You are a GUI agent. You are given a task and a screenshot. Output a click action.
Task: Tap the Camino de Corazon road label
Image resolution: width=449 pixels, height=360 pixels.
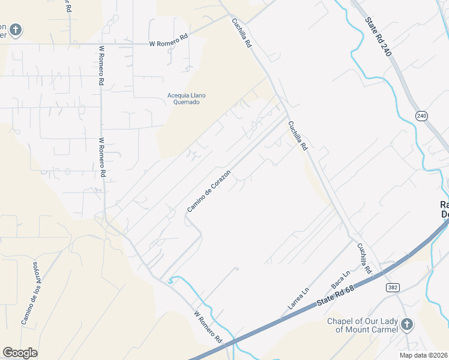209,190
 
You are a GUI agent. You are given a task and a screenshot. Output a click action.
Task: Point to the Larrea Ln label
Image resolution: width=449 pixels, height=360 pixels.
298,298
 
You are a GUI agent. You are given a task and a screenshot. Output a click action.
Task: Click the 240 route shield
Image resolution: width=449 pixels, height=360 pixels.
421,116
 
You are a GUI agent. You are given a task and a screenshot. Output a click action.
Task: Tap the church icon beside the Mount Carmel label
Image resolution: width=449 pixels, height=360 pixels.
407,325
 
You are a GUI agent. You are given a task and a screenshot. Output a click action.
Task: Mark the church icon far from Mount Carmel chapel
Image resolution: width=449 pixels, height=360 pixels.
15,29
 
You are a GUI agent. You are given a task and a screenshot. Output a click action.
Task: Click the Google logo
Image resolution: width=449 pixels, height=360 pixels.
20,352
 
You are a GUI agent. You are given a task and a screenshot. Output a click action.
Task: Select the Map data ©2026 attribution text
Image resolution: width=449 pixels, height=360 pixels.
424,355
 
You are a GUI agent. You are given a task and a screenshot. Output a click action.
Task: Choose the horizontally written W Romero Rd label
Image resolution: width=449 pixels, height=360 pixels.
169,44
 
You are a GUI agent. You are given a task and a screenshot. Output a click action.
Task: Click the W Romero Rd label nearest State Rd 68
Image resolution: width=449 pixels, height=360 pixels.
208,327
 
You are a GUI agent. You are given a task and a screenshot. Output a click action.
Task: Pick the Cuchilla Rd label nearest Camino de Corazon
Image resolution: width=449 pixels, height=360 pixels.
297,136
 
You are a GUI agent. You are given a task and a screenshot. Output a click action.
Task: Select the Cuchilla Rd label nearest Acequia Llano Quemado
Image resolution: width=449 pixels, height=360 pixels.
242,33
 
